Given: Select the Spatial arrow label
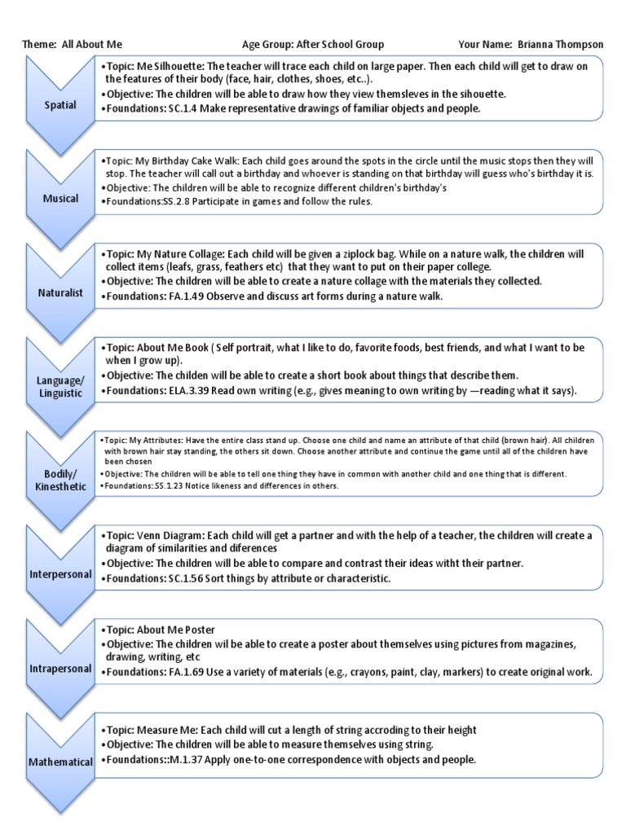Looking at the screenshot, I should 60,105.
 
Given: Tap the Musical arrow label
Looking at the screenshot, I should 60,198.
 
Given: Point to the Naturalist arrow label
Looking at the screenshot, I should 60,292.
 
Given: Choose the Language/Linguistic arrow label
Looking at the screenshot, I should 60,386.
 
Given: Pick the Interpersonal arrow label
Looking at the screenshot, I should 60,574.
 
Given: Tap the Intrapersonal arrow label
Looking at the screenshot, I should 60,668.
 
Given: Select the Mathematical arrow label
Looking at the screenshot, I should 60,762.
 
